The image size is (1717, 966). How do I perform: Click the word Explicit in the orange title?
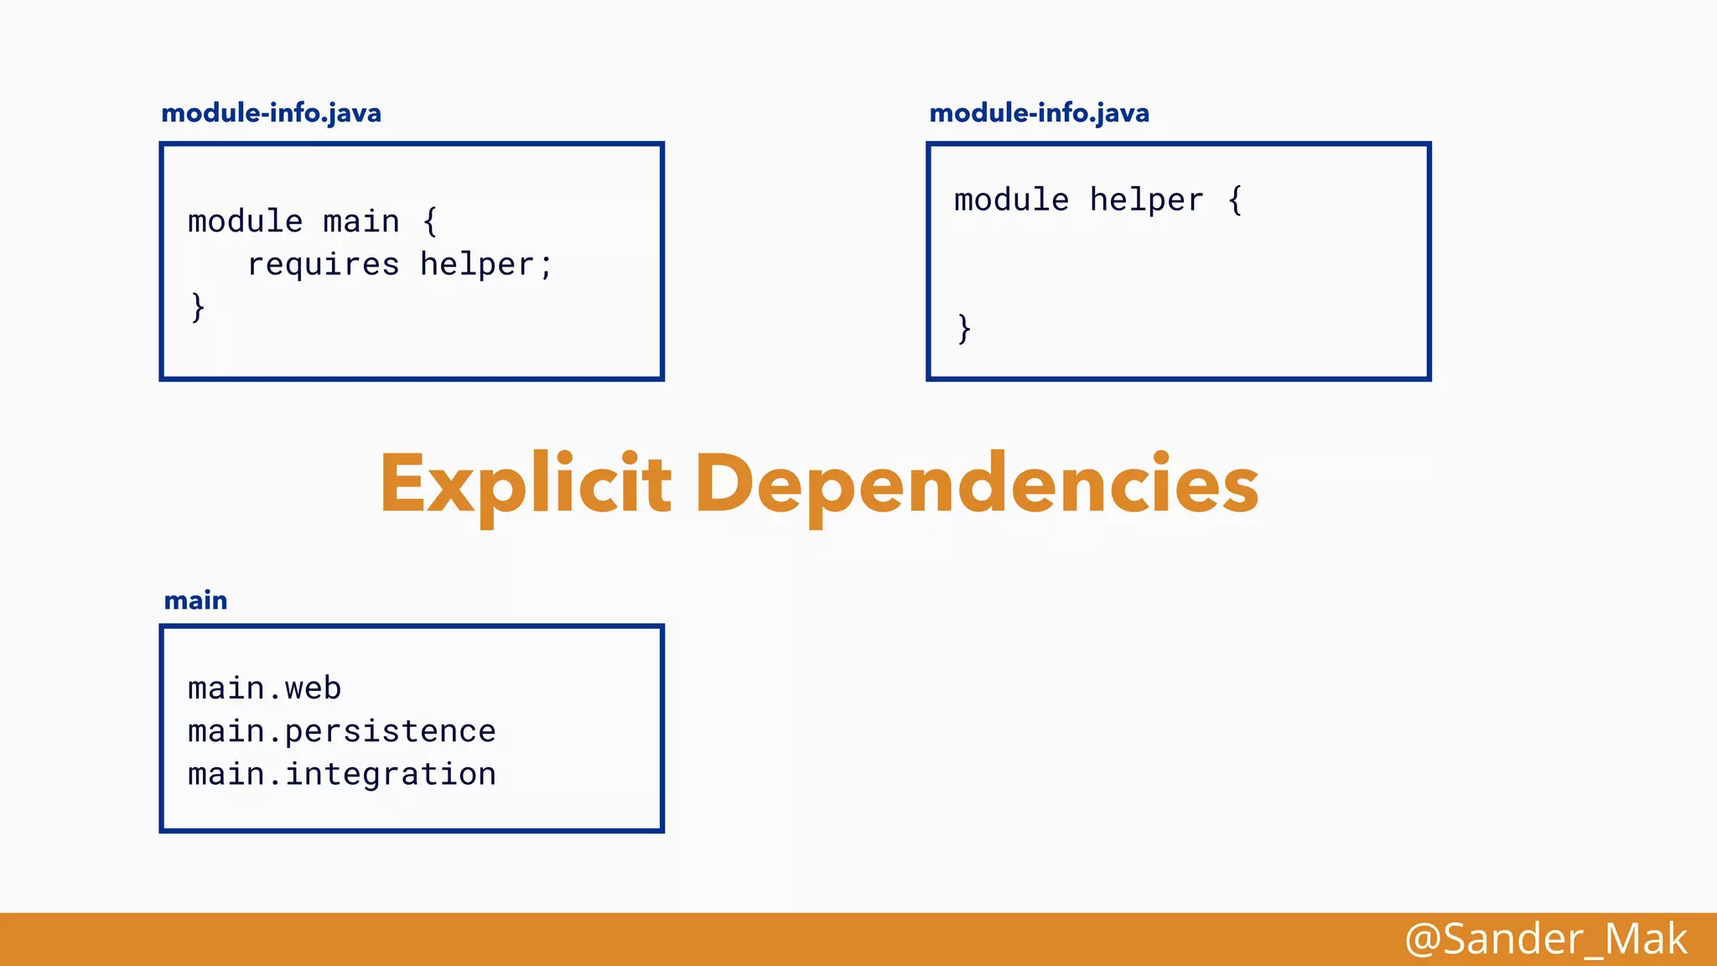coord(525,485)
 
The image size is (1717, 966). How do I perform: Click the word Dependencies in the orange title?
coord(977,485)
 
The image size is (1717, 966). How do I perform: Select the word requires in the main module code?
coord(323,265)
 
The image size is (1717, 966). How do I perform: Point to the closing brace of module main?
coord(198,307)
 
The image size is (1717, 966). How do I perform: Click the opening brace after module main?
coord(430,221)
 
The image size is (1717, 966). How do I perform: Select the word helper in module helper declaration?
coord(1146,200)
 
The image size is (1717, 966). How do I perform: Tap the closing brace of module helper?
coord(964,328)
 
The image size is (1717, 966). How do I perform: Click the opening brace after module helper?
coord(1235,200)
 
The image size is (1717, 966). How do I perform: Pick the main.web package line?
coord(264,688)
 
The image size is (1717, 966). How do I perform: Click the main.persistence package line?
coord(341,731)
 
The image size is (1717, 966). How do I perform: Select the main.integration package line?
coord(341,774)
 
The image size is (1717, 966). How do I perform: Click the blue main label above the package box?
coord(195,600)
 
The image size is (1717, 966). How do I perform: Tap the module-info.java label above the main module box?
coord(271,113)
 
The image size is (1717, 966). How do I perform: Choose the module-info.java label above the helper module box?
coord(1039,113)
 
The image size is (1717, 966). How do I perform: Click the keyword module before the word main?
coord(245,221)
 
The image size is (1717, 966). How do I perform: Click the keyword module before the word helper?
coord(1011,200)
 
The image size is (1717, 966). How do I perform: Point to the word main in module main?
coord(361,221)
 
